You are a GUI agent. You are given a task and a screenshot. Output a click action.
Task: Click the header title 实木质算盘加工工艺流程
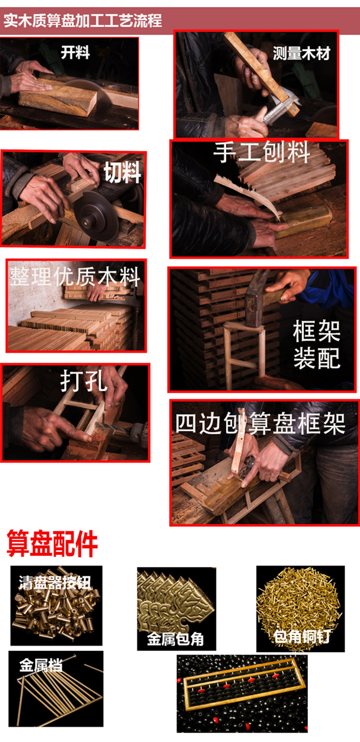[83, 20]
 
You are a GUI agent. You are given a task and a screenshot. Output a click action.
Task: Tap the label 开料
[75, 52]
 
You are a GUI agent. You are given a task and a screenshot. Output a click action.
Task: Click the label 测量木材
[302, 53]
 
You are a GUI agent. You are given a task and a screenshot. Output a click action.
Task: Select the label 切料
[122, 172]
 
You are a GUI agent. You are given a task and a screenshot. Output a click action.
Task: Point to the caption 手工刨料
[262, 152]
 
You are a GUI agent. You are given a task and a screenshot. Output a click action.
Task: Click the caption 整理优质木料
[75, 276]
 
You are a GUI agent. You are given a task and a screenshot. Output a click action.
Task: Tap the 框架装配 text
[317, 344]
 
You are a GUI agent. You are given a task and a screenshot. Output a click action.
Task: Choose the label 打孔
[84, 380]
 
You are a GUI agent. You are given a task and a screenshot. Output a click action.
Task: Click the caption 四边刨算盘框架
[260, 424]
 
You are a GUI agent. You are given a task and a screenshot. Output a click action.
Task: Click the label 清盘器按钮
[55, 582]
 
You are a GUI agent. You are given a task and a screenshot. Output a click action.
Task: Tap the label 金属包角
[175, 639]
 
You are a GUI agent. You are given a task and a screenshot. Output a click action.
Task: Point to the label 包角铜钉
[302, 636]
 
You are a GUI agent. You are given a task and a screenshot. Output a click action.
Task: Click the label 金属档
[41, 665]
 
